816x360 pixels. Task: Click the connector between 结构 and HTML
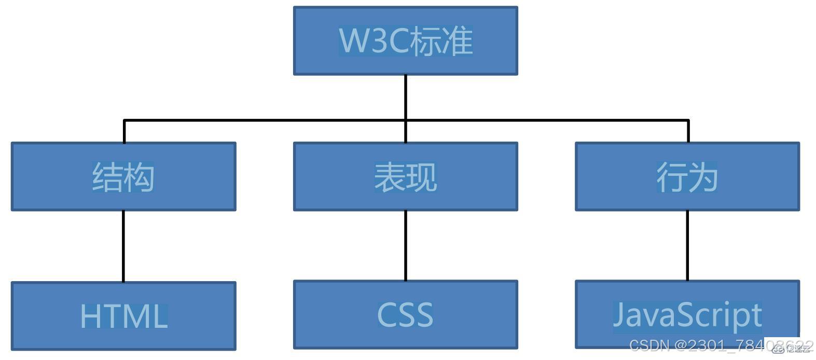[x=123, y=246]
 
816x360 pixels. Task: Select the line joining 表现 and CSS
[x=405, y=245]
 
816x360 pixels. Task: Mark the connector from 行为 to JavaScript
[x=687, y=245]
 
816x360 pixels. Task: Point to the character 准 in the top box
[x=457, y=40]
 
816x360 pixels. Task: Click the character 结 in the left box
[x=107, y=177]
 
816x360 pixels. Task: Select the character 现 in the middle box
[x=421, y=177]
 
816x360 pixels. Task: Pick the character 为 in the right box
[x=703, y=177]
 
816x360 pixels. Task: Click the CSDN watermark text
[x=648, y=345]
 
